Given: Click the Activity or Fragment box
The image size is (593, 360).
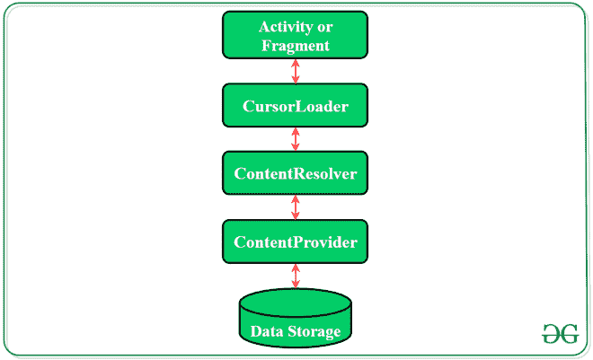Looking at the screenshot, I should [296, 34].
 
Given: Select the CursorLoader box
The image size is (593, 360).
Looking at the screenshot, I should [296, 107].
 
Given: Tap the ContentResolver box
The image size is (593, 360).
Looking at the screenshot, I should [296, 173].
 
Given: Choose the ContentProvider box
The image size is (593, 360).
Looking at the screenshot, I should [296, 241].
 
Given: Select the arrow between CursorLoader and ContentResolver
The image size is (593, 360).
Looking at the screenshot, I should [296, 140].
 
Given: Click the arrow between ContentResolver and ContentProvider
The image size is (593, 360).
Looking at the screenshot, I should [296, 207].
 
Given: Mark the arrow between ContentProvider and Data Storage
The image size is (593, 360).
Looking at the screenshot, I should [296, 276].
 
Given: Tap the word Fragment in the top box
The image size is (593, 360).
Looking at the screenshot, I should [296, 45].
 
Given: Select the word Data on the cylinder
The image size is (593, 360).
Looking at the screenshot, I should [267, 332].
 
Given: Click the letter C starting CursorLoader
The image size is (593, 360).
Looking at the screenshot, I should [249, 107].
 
